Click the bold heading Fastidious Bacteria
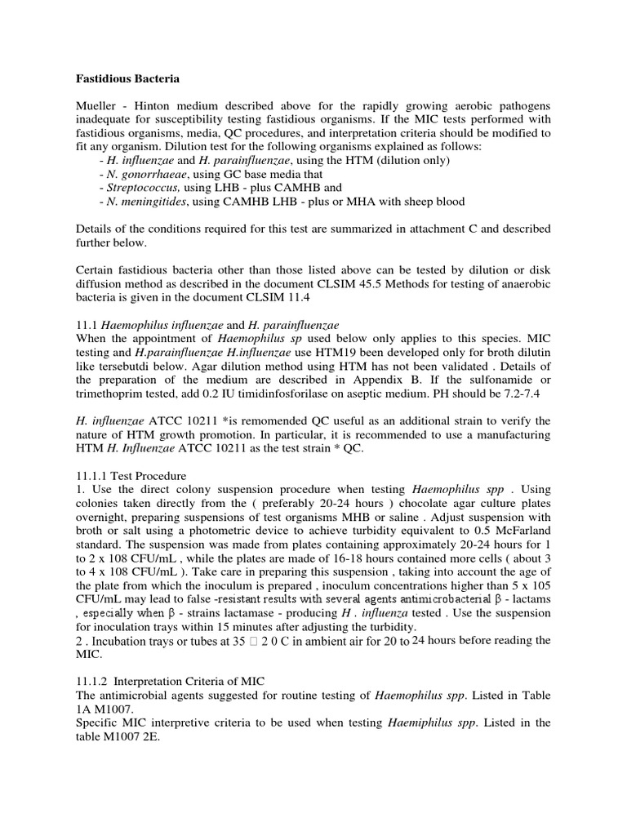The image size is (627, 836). point(127,79)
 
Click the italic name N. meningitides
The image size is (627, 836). point(147,202)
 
